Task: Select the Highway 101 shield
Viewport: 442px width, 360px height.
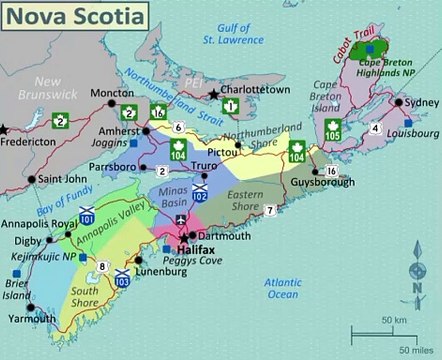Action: [x=87, y=217]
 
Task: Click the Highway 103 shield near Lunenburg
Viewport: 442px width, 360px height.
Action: [x=122, y=279]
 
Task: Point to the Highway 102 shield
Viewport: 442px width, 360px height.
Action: [x=200, y=194]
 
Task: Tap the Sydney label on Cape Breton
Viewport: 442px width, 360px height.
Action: [x=419, y=103]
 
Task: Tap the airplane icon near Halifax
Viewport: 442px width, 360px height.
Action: [x=180, y=221]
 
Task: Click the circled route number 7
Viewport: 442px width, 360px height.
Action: [x=271, y=209]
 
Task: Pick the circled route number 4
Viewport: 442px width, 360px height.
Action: [x=374, y=129]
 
